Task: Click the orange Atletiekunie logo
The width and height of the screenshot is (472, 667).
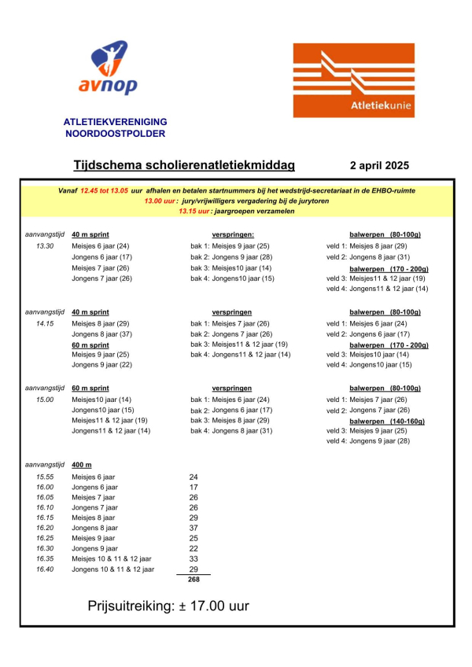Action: click(353, 81)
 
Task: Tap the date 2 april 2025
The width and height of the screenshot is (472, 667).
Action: click(379, 166)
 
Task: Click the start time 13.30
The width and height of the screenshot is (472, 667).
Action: click(46, 246)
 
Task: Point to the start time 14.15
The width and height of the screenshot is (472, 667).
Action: click(46, 323)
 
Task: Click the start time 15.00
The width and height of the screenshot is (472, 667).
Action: click(46, 400)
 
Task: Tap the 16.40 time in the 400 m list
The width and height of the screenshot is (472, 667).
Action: click(45, 569)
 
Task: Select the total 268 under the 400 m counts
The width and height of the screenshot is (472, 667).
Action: click(194, 580)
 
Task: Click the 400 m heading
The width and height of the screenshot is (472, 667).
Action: click(82, 466)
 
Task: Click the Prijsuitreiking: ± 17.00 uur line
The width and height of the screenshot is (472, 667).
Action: click(168, 607)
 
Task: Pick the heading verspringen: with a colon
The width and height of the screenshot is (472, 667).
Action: click(232, 235)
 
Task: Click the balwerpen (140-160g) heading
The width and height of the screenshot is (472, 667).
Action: click(385, 421)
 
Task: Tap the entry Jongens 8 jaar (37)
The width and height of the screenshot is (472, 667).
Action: click(101, 333)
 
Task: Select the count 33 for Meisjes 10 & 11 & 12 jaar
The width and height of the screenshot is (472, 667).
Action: click(194, 558)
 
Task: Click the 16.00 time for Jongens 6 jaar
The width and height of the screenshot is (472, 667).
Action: click(45, 487)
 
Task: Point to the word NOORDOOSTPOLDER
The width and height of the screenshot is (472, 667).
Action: click(115, 134)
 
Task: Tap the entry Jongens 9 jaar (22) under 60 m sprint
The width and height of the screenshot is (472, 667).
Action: click(101, 365)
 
